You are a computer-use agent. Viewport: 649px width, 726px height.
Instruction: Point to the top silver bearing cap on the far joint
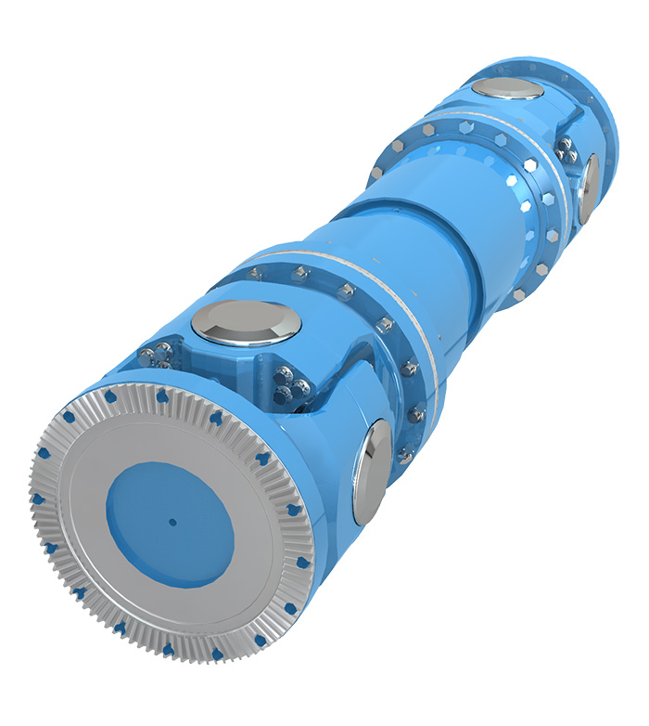[x=509, y=89]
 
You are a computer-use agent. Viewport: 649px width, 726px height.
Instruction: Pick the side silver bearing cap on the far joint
[x=588, y=185]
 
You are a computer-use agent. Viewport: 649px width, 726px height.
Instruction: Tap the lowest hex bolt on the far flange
[x=516, y=295]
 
